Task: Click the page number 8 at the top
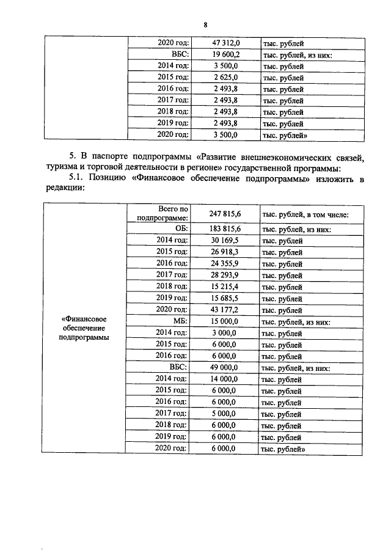(x=205, y=24)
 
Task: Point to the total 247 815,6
(x=226, y=214)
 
